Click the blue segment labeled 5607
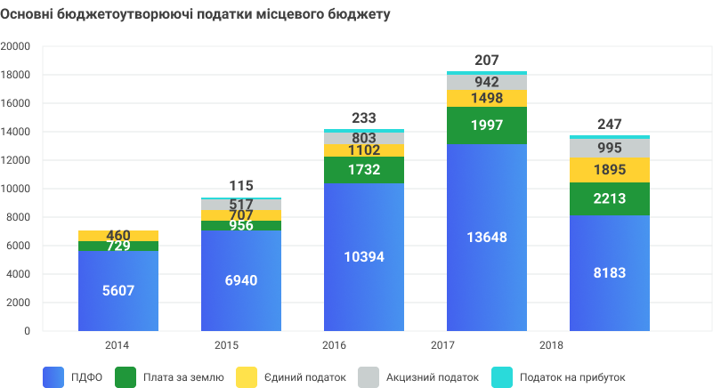coord(118,290)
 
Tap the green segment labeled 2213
coord(609,198)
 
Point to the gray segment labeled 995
coord(609,148)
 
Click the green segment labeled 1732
coord(363,170)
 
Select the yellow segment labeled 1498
coord(486,98)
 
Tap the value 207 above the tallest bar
coord(486,60)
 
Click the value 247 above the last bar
coord(609,124)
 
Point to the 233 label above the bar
coord(363,117)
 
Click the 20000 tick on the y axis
coord(15,46)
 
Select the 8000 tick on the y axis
coord(18,217)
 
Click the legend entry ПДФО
coord(86,377)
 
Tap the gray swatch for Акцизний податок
coord(368,377)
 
